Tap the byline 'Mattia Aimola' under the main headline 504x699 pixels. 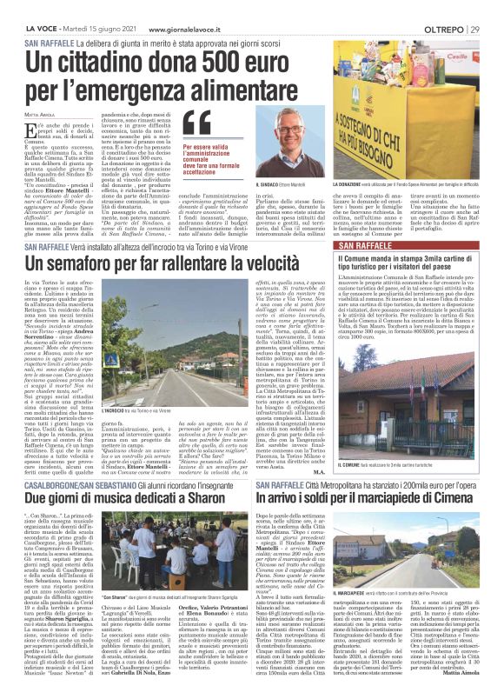tap(40, 112)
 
